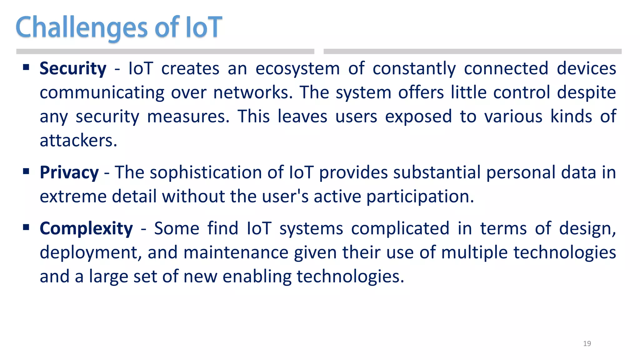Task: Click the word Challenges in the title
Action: pos(81,27)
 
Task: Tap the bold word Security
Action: pos(73,68)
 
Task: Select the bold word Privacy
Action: pos(69,172)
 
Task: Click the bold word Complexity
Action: pos(86,228)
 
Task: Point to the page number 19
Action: pos(587,343)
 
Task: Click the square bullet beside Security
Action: pos(26,67)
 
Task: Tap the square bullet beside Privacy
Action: pos(26,171)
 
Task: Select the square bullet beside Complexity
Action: pos(26,227)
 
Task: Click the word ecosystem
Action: pos(297,68)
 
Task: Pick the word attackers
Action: pos(78,141)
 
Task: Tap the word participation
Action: pos(420,197)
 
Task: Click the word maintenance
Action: pos(236,252)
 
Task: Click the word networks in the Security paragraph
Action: pos(253,93)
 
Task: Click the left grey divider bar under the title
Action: pos(165,52)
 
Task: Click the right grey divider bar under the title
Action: pos(472,52)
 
